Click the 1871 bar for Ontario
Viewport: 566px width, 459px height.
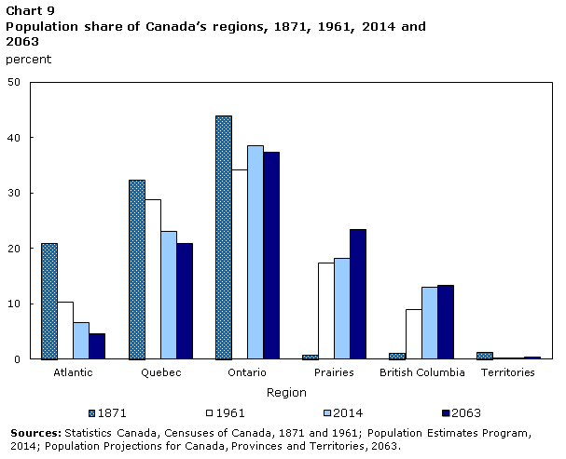tap(224, 237)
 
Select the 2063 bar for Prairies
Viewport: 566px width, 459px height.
tap(358, 294)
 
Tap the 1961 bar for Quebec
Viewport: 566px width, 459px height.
tap(153, 279)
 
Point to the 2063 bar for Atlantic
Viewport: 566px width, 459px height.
tap(97, 346)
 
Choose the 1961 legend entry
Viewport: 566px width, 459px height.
tap(223, 412)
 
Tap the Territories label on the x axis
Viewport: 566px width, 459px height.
tap(508, 372)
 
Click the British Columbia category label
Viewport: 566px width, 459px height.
tap(421, 372)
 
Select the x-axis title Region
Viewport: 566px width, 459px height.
tap(286, 393)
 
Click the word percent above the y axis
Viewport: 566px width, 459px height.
tap(28, 60)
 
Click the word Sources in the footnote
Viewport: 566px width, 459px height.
tap(35, 433)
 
